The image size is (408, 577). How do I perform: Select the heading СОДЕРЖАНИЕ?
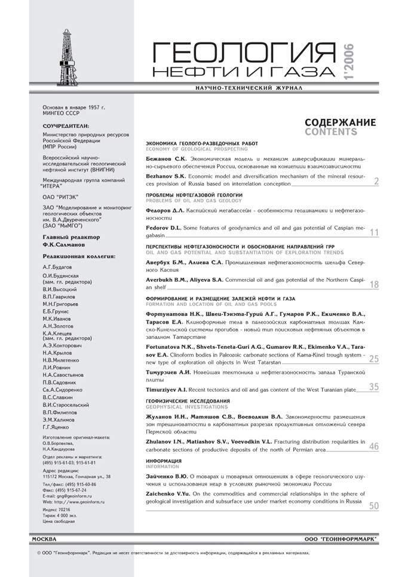pyautogui.click(x=340, y=122)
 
